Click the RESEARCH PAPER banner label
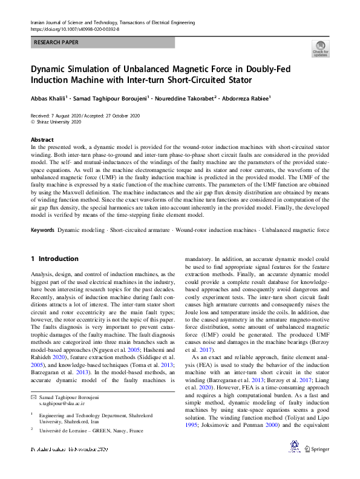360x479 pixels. click(56, 42)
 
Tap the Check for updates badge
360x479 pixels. click(320, 49)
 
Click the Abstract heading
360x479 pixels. click(42, 140)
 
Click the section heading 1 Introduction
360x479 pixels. click(54, 259)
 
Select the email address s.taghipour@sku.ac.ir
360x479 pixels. click(65, 385)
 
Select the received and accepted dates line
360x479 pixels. click(85, 115)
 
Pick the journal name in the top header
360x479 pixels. click(112, 22)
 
